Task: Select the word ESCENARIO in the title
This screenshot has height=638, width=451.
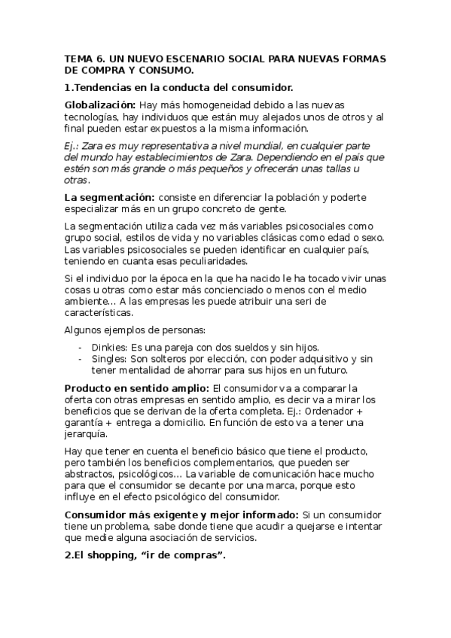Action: click(x=194, y=59)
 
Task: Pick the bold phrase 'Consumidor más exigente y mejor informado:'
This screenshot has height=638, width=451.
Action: click(x=181, y=515)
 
